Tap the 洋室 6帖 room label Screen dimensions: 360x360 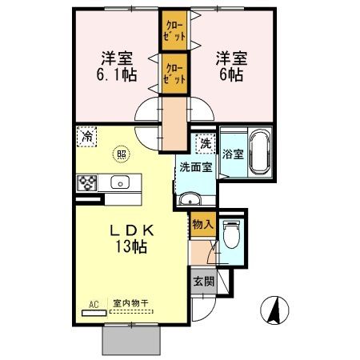(x=231, y=66)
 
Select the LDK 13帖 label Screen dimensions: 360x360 (x=131, y=238)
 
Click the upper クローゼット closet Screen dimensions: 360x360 (x=174, y=30)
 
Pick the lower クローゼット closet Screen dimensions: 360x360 (x=174, y=74)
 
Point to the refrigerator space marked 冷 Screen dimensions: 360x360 (x=86, y=137)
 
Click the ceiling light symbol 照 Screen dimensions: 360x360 (x=122, y=154)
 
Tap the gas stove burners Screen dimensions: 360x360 (x=87, y=182)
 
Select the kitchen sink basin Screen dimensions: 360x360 (x=120, y=182)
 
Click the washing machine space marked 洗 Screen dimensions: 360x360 (x=206, y=144)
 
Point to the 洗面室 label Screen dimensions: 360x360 (x=196, y=167)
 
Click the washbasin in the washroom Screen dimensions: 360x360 (x=190, y=198)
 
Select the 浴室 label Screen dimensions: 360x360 (x=233, y=154)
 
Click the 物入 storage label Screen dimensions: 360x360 (x=203, y=224)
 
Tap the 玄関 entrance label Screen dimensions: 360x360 (x=204, y=281)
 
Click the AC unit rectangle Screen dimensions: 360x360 (x=94, y=313)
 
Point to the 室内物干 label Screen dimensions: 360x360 (x=130, y=303)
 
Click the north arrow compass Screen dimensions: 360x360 (x=274, y=310)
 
